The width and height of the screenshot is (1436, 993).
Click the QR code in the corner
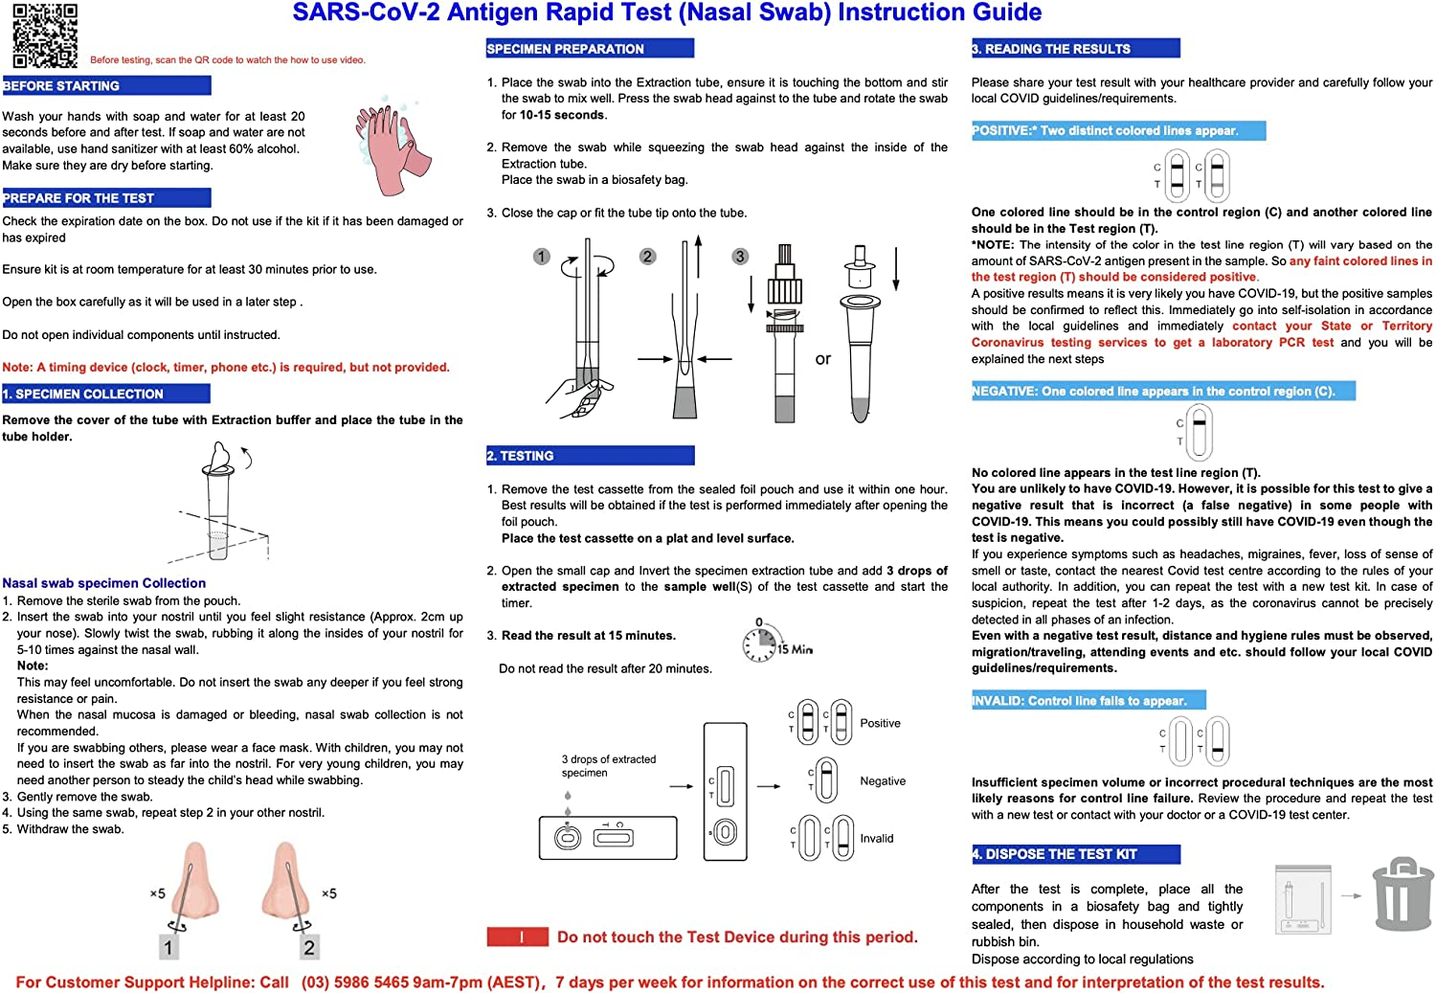45,35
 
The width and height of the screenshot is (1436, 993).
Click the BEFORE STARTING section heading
106,86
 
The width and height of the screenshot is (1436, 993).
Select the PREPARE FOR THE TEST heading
106,198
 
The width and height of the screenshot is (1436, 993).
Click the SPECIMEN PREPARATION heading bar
590,49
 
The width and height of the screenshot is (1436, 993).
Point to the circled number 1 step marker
542,257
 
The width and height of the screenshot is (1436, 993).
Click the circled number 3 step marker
740,257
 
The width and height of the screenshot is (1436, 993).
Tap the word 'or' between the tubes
823,359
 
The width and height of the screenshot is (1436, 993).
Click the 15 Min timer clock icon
760,643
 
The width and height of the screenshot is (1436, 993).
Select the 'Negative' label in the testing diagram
883,781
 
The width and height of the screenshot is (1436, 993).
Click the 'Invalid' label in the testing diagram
877,839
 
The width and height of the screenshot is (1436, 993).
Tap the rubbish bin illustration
1402,895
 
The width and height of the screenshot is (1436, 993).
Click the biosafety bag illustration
1303,899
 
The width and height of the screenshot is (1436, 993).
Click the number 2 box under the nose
308,947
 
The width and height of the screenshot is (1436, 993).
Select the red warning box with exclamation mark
518,937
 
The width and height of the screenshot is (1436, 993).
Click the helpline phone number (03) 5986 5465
354,982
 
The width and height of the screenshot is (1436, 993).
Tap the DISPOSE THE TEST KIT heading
1075,854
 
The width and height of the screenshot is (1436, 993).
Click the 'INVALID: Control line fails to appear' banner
1088,701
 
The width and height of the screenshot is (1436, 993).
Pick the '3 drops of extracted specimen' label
609,766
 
